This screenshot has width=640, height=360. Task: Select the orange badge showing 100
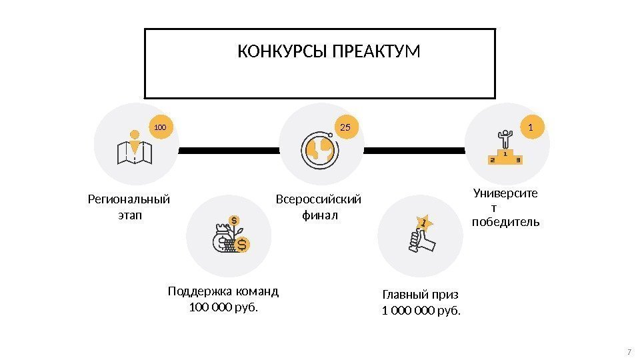(160, 126)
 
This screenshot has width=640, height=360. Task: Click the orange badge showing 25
(345, 126)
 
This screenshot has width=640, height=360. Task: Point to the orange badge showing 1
(531, 126)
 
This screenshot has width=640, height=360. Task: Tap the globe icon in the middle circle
(320, 149)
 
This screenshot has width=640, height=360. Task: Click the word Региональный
(129, 199)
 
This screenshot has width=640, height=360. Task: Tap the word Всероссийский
(319, 199)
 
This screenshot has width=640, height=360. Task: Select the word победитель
(505, 222)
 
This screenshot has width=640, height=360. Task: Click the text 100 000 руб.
(223, 307)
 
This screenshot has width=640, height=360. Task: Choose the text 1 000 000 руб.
(421, 311)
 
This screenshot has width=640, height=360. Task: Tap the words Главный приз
(421, 295)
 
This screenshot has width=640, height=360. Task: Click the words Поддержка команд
(223, 291)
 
